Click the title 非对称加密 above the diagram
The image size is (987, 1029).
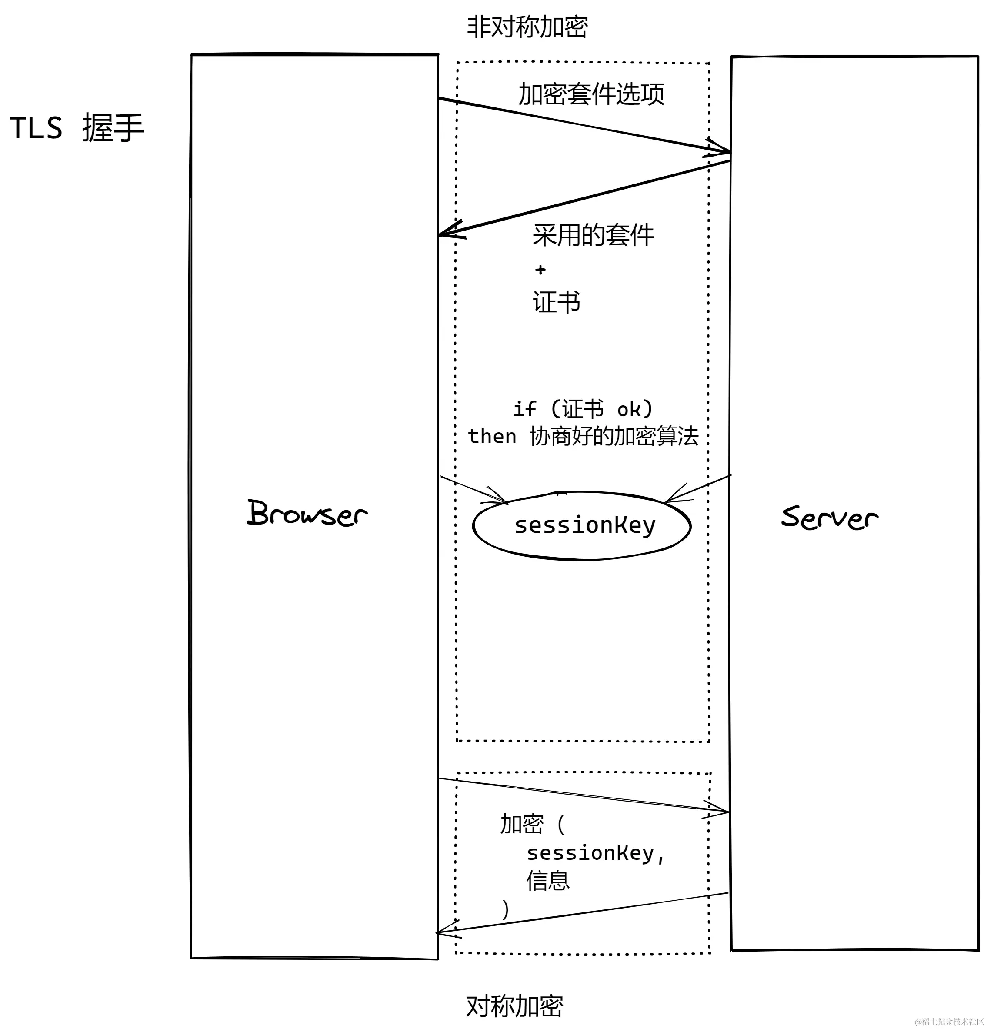pyautogui.click(x=527, y=27)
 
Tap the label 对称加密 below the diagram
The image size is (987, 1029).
pyautogui.click(x=514, y=1006)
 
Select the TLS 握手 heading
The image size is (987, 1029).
pyautogui.click(x=77, y=127)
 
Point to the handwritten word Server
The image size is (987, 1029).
pyautogui.click(x=829, y=517)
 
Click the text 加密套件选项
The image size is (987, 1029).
pyautogui.click(x=591, y=94)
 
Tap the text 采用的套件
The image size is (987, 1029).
pyautogui.click(x=593, y=235)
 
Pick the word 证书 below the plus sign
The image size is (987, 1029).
pyautogui.click(x=557, y=302)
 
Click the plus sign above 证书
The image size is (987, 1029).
pyautogui.click(x=540, y=270)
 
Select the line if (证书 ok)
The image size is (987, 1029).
pyautogui.click(x=583, y=409)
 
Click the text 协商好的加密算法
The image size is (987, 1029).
pyautogui.click(x=614, y=436)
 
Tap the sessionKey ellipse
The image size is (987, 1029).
pyautogui.click(x=582, y=525)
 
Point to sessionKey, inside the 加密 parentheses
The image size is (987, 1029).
pyautogui.click(x=595, y=853)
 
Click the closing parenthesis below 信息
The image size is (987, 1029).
pyautogui.click(x=505, y=909)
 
